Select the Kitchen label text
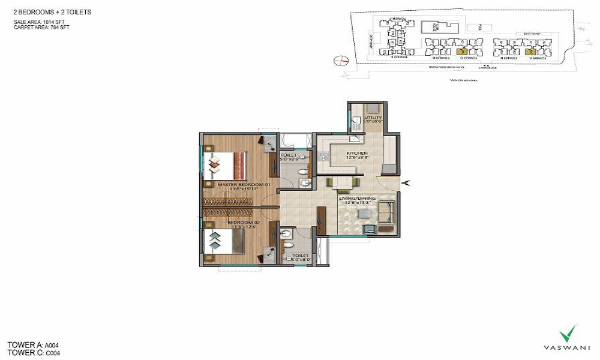(x=357, y=154)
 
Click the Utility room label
(x=373, y=118)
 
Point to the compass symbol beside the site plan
(x=341, y=60)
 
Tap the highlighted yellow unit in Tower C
(x=461, y=52)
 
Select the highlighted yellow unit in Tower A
(x=530, y=52)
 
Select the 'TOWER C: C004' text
(x=34, y=353)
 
